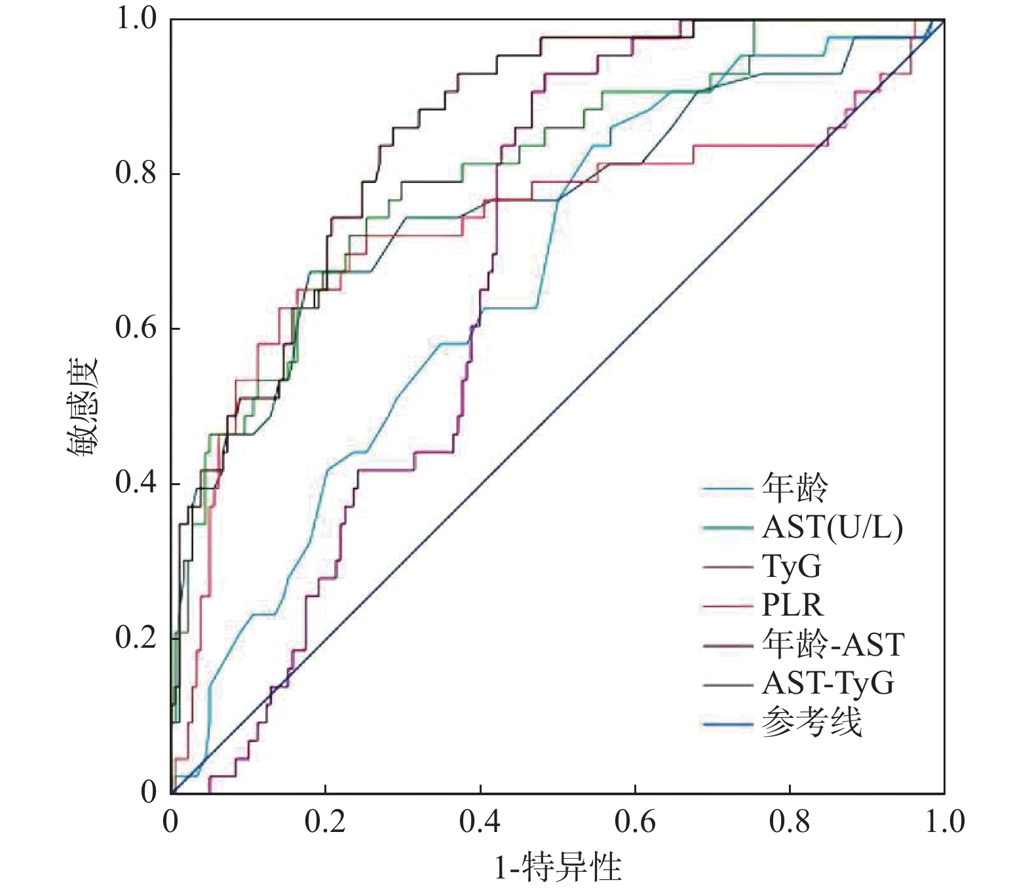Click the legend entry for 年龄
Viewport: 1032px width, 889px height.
pos(795,488)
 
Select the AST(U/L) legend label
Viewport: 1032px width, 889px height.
pos(832,527)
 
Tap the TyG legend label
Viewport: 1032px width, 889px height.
pos(792,566)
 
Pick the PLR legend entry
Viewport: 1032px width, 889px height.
pos(792,605)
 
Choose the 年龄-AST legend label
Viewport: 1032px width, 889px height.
pos(833,644)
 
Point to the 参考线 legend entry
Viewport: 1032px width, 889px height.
pos(811,723)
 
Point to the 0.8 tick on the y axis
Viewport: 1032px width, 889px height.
pos(136,173)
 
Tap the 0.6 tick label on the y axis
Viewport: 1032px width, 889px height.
pos(136,328)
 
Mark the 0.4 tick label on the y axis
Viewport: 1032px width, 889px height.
pos(136,483)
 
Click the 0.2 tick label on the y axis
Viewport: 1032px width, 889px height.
pos(136,637)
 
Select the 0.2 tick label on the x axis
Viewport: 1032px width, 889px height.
pos(325,822)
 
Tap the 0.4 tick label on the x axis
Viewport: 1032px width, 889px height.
pos(480,822)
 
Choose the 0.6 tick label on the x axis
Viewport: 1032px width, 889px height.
pos(634,822)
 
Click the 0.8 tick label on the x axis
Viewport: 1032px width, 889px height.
pos(790,822)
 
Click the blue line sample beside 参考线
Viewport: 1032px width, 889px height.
pos(727,724)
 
